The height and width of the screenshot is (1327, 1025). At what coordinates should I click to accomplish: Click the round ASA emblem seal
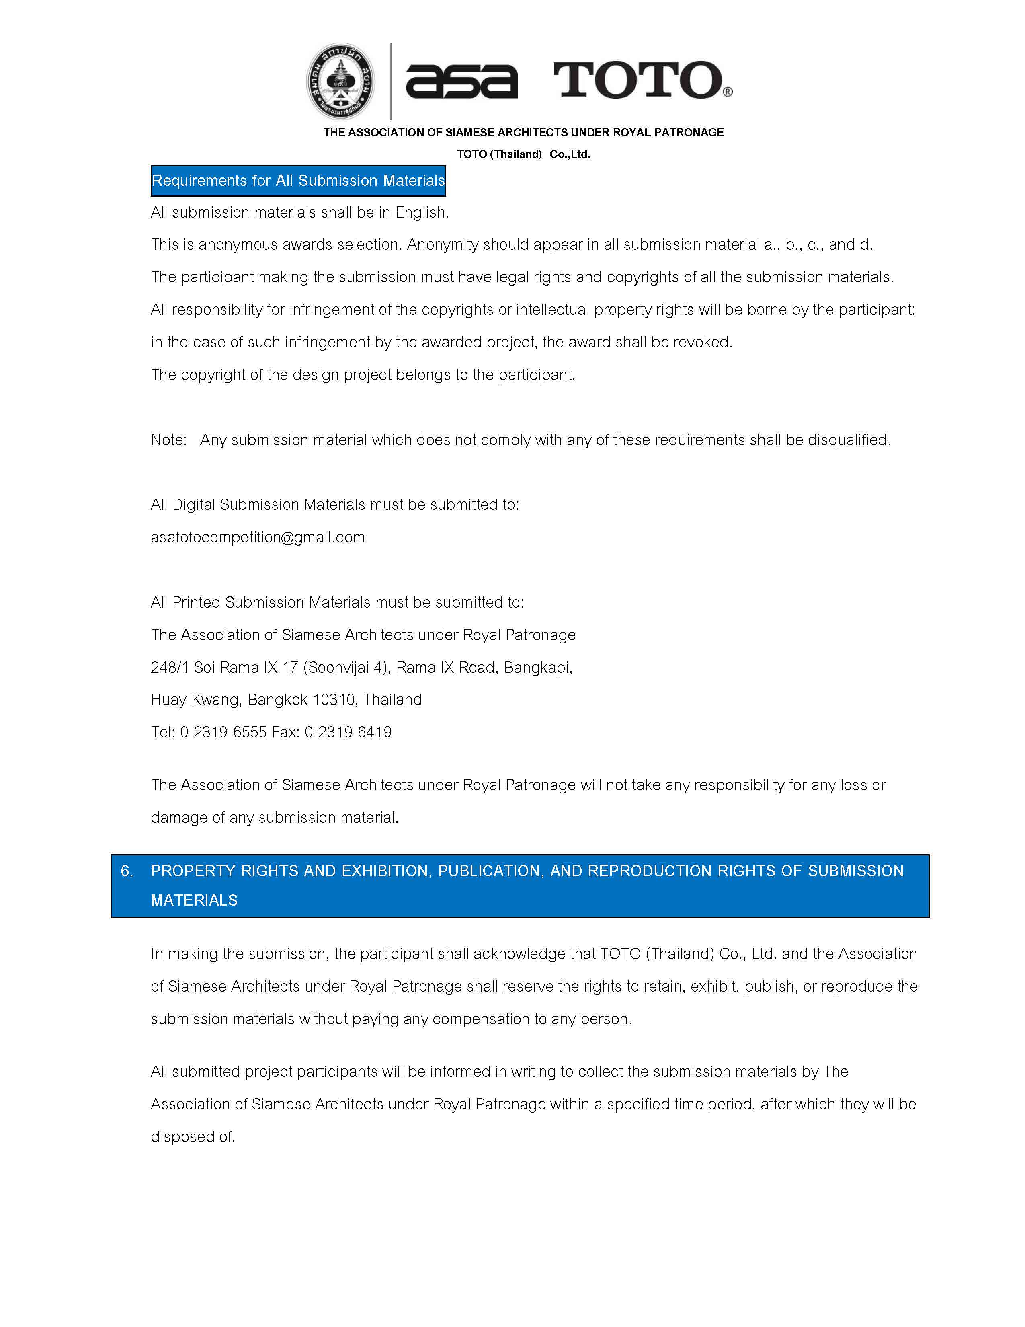click(340, 81)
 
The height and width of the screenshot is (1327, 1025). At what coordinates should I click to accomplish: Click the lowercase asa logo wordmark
click(461, 81)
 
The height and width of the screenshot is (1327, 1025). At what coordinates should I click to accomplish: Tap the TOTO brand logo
click(638, 80)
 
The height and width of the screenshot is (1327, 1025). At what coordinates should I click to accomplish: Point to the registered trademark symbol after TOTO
click(728, 92)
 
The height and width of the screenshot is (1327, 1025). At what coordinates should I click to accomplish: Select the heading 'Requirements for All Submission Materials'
click(298, 181)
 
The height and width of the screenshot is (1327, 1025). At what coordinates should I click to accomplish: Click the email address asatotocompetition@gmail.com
click(258, 537)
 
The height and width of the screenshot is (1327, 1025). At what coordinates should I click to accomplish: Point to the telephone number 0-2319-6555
click(223, 732)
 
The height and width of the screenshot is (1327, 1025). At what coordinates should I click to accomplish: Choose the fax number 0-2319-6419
click(348, 732)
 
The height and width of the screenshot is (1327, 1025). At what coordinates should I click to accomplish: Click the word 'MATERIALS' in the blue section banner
click(194, 900)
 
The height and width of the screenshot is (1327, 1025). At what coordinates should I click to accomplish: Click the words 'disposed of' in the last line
click(193, 1137)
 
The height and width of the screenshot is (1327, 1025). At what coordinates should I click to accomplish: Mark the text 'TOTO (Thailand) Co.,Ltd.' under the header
click(523, 154)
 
